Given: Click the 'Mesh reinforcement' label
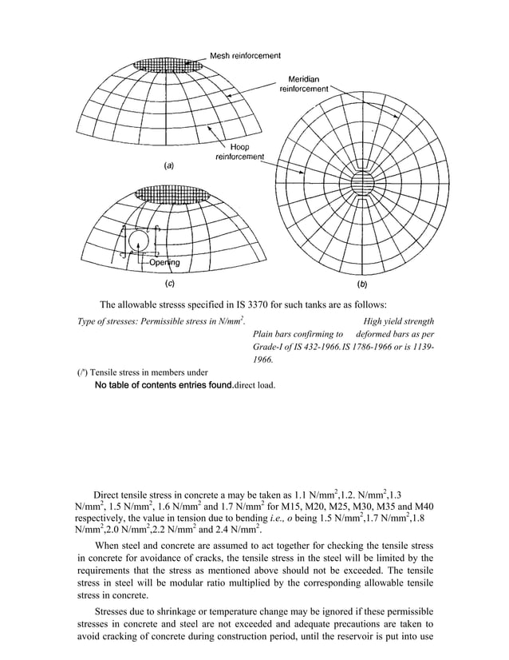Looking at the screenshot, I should (245, 56).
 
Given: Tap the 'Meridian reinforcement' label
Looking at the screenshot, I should (302, 85).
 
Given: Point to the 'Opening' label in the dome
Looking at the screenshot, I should (163, 262).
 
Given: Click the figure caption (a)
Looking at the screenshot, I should (169, 165).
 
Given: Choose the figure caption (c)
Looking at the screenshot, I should (169, 284).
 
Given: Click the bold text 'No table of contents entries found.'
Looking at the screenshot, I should (164, 385).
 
